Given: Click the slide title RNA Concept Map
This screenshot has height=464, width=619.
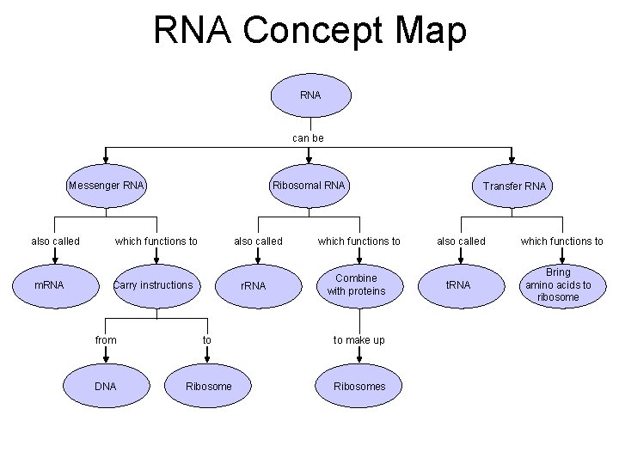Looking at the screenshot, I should coord(309,30).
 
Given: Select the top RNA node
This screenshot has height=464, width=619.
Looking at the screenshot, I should coord(310,95).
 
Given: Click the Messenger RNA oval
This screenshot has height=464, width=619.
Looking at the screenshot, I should coord(107,186).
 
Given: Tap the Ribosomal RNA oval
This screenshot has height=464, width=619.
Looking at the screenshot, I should coord(309,186).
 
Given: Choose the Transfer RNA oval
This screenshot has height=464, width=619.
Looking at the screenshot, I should coord(513,186).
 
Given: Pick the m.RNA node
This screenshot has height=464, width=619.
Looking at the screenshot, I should coord(49,284).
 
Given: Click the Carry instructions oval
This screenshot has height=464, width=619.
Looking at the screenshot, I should coord(154,284).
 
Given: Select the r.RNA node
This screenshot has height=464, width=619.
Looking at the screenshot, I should coord(253,285).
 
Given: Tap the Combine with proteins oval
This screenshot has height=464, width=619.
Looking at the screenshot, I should coord(356,284).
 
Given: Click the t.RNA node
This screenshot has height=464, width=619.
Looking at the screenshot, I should coord(457,284).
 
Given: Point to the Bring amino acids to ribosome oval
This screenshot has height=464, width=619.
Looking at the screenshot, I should coord(558,284).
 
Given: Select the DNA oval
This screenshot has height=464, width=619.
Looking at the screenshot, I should coord(105,387).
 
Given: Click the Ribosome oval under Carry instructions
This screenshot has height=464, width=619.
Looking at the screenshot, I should coord(208,387).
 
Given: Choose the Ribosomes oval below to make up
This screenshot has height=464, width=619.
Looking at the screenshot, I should coord(359,387).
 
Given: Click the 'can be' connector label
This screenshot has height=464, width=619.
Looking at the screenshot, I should coord(308,137).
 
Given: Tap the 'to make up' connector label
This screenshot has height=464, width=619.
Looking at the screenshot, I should coord(359,340).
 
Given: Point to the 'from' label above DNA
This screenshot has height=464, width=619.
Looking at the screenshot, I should coord(106,340).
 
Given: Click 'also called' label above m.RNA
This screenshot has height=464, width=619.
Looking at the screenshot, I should coord(55,241).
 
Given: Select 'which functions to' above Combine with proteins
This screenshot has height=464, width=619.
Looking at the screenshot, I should coord(359,241).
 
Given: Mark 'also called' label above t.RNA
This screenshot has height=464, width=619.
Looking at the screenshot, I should coord(461,241).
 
